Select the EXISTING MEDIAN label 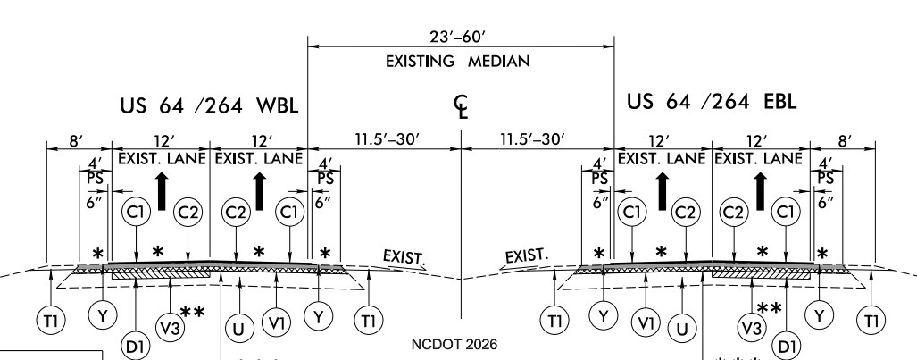tap(461, 62)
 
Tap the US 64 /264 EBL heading tap(712, 100)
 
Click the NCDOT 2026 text tap(461, 343)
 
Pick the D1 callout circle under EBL tap(787, 345)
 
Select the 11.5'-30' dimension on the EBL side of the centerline tap(537, 140)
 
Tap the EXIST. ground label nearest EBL tap(522, 258)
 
